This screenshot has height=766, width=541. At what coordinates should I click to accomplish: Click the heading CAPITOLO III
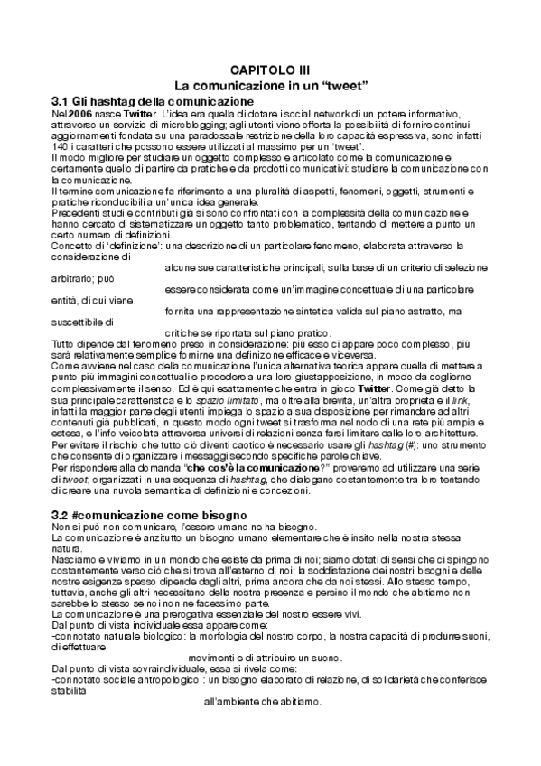tap(269, 70)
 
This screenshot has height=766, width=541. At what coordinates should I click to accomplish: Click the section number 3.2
tap(63, 514)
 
